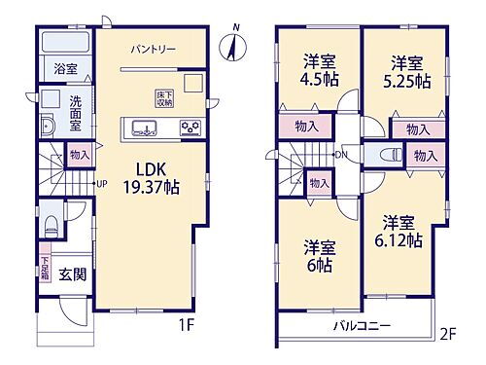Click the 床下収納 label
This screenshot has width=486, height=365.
[x=163, y=97]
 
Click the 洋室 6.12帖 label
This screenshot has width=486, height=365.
[x=399, y=231]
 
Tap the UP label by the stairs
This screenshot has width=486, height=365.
[x=101, y=182]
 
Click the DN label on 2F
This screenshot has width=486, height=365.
[x=339, y=155]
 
